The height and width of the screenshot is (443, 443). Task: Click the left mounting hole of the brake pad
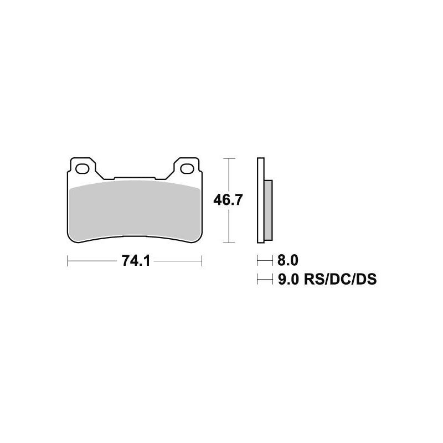(84, 167)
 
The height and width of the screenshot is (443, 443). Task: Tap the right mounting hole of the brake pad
(186, 167)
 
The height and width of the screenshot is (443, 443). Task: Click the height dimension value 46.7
(228, 200)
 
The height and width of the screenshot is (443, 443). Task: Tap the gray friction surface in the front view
(135, 210)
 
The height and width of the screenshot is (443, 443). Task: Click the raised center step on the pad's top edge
(135, 178)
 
